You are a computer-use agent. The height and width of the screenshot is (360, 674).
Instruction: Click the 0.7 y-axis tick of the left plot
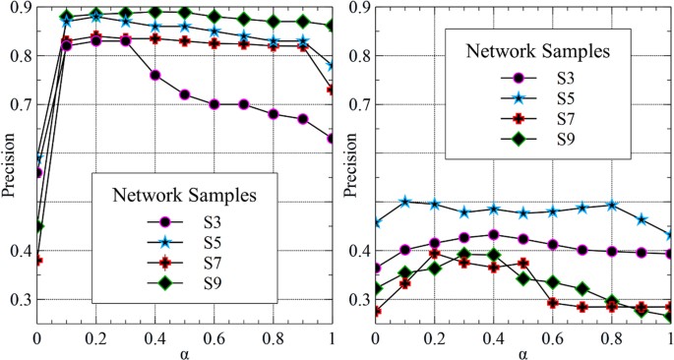point(18,104)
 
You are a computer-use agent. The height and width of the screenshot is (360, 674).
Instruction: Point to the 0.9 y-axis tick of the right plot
point(356,7)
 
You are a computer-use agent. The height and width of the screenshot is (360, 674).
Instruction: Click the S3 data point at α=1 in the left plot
point(332,139)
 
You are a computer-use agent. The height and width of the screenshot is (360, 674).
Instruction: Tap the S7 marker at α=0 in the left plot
point(37,261)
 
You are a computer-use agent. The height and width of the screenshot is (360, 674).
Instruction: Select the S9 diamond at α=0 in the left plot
point(37,226)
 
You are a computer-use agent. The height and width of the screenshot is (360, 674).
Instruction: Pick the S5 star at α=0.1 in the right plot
point(404,201)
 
